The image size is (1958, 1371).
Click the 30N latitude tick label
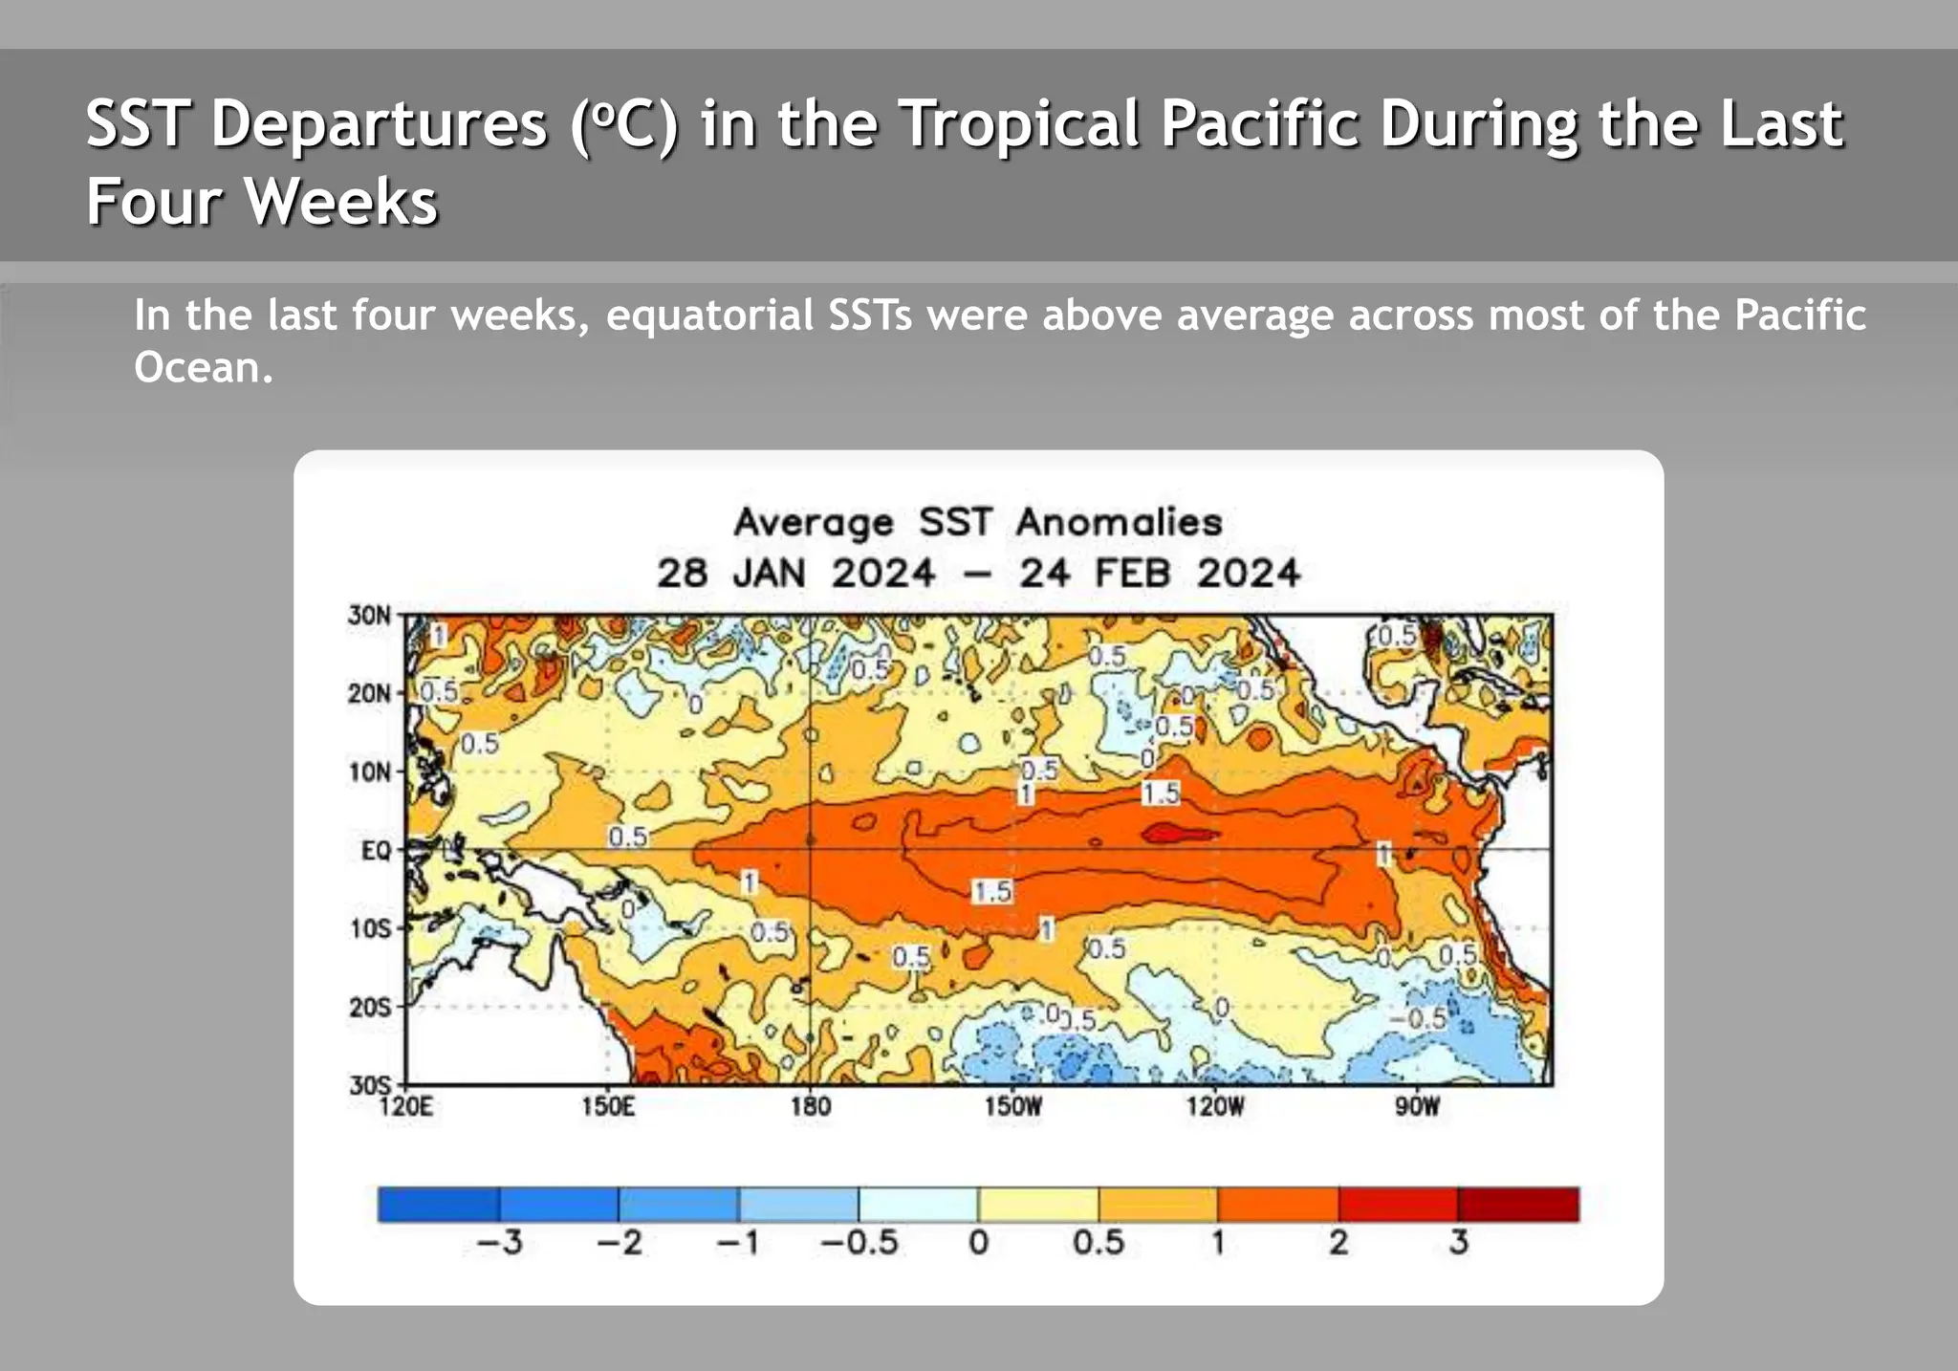point(369,615)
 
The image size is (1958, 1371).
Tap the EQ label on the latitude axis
point(376,850)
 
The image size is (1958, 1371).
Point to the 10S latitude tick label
point(370,928)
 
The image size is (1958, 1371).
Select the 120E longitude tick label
point(406,1107)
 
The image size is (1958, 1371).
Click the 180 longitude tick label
point(811,1107)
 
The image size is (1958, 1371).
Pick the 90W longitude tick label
point(1416,1107)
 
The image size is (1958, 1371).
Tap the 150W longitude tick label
point(1012,1107)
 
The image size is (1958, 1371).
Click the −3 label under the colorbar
point(499,1242)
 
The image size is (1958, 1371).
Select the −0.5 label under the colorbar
point(859,1242)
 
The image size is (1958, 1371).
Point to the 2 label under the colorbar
point(1338,1242)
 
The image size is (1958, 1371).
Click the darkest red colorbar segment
point(1518,1205)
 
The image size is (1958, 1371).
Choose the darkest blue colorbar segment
point(438,1205)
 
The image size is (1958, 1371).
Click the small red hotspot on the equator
point(1180,834)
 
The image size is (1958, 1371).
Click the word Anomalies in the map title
point(1119,522)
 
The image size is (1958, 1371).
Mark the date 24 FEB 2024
point(1159,574)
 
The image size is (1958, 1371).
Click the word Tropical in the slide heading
point(1020,124)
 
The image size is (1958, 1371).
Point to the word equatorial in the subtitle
point(709,316)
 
